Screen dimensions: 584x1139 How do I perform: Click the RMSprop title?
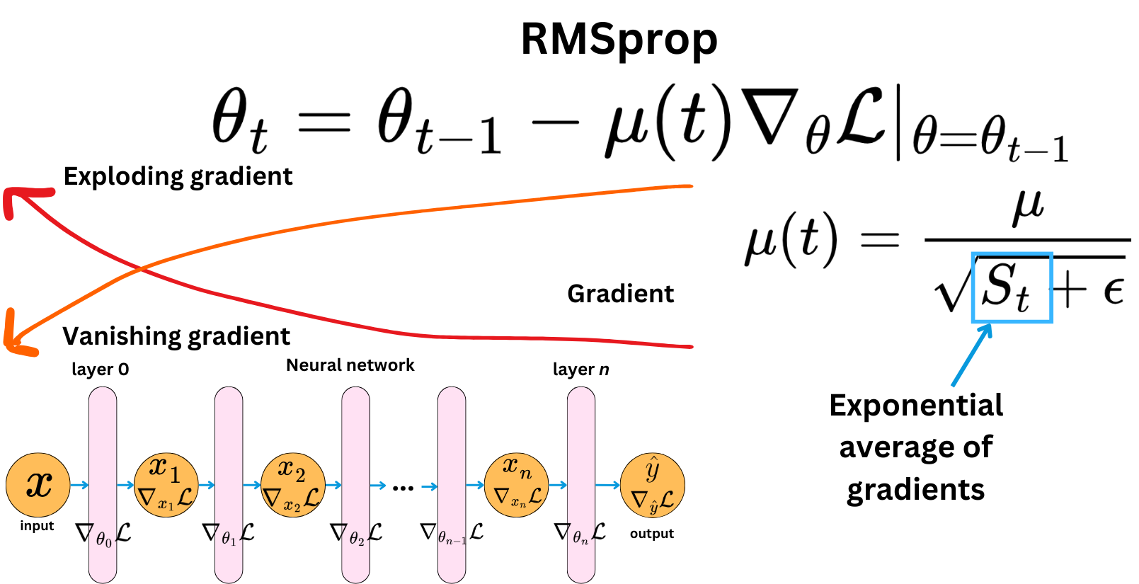point(619,40)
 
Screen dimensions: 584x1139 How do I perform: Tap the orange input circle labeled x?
point(38,485)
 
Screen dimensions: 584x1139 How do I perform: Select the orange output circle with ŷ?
point(652,485)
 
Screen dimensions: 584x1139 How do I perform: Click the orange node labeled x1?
point(166,485)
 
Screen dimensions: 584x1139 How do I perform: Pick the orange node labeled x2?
point(293,485)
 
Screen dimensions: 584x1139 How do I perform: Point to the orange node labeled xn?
point(517,485)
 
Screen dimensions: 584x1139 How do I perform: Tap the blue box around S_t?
point(1012,287)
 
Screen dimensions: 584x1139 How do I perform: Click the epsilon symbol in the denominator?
point(1114,290)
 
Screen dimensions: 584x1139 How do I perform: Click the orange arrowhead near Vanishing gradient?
point(16,336)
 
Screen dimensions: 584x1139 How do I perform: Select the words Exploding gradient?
point(178,176)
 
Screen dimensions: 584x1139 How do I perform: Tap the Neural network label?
point(350,365)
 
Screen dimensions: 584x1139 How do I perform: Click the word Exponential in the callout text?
point(915,406)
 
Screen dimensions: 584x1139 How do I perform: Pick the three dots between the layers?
point(403,487)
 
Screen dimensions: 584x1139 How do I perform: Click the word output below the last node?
point(651,533)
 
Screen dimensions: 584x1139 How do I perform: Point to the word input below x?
point(37,525)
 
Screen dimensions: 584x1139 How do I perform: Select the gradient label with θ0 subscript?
point(103,534)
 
